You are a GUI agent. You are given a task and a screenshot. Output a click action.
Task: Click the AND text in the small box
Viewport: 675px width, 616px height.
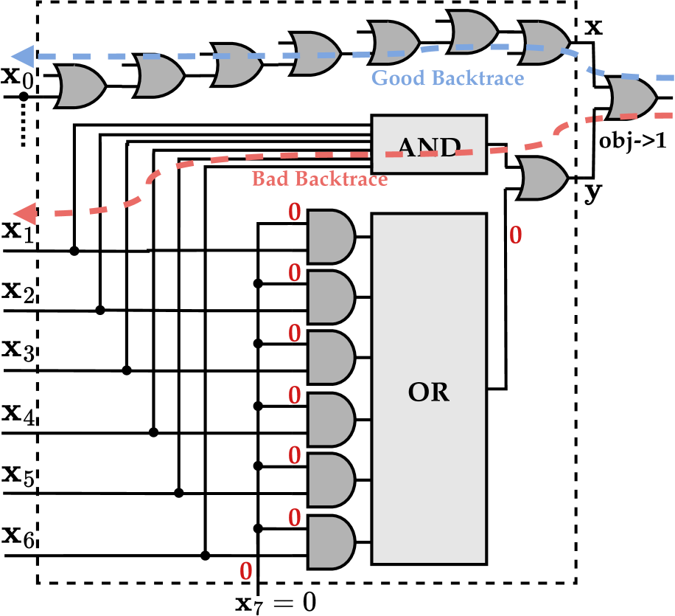click(x=429, y=148)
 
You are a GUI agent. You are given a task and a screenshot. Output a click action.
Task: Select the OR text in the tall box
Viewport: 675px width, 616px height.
click(x=428, y=392)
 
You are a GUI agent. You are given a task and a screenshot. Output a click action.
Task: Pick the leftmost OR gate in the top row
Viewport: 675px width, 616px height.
click(x=80, y=86)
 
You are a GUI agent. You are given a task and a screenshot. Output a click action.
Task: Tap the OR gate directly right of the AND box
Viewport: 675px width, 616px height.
click(x=542, y=178)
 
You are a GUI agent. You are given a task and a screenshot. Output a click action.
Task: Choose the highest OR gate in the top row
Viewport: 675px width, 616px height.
click(x=472, y=32)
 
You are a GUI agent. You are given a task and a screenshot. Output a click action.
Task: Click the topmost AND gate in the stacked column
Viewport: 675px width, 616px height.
click(x=330, y=237)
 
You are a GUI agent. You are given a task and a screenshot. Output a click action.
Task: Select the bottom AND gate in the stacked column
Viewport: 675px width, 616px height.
click(x=330, y=542)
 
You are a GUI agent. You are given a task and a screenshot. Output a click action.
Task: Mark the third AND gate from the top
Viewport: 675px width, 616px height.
click(x=330, y=358)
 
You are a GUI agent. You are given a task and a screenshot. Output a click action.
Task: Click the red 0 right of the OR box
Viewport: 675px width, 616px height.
click(x=515, y=235)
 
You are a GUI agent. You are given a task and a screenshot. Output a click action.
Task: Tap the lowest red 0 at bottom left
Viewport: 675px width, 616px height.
click(x=245, y=571)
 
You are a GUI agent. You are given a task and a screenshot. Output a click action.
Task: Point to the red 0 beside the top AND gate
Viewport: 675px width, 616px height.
click(x=294, y=212)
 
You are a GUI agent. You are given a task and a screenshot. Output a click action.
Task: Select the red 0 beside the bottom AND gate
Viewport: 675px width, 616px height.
click(x=294, y=519)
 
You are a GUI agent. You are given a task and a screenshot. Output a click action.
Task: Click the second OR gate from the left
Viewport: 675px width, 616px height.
click(x=158, y=76)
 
